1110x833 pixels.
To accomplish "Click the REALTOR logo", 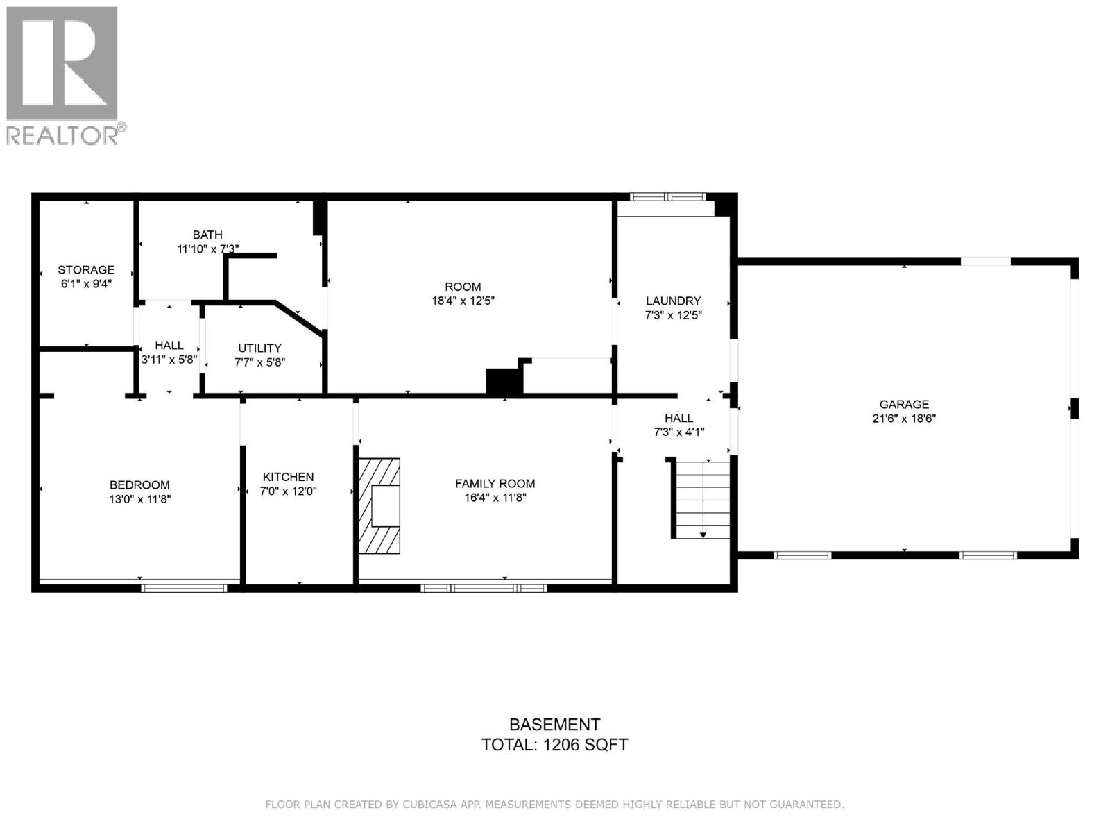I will pyautogui.click(x=62, y=74).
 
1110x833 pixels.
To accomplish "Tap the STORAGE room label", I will pyautogui.click(x=86, y=270).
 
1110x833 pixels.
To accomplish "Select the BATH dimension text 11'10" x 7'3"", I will pyautogui.click(x=208, y=249).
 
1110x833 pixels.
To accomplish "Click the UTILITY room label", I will pyautogui.click(x=259, y=348).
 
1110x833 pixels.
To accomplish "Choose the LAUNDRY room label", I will pyautogui.click(x=673, y=301).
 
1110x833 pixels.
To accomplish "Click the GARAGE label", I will pyautogui.click(x=904, y=404).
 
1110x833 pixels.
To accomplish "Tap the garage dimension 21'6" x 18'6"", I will pyautogui.click(x=904, y=419).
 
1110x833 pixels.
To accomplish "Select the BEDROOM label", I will pyautogui.click(x=139, y=485).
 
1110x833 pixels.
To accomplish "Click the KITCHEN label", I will pyautogui.click(x=288, y=477).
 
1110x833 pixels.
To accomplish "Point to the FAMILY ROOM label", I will pyautogui.click(x=495, y=483).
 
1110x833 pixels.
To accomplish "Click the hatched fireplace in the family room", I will pyautogui.click(x=379, y=505).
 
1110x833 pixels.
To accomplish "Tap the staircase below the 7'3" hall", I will pyautogui.click(x=703, y=498).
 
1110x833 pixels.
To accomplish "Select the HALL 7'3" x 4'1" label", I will pyautogui.click(x=678, y=425).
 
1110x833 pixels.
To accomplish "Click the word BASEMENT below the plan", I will pyautogui.click(x=554, y=725).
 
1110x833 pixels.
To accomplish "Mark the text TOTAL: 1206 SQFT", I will pyautogui.click(x=554, y=745).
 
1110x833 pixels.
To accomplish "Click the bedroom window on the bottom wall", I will pyautogui.click(x=184, y=588).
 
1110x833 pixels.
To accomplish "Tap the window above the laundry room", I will pyautogui.click(x=667, y=196).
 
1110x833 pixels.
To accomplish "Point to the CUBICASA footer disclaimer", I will pyautogui.click(x=554, y=805).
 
